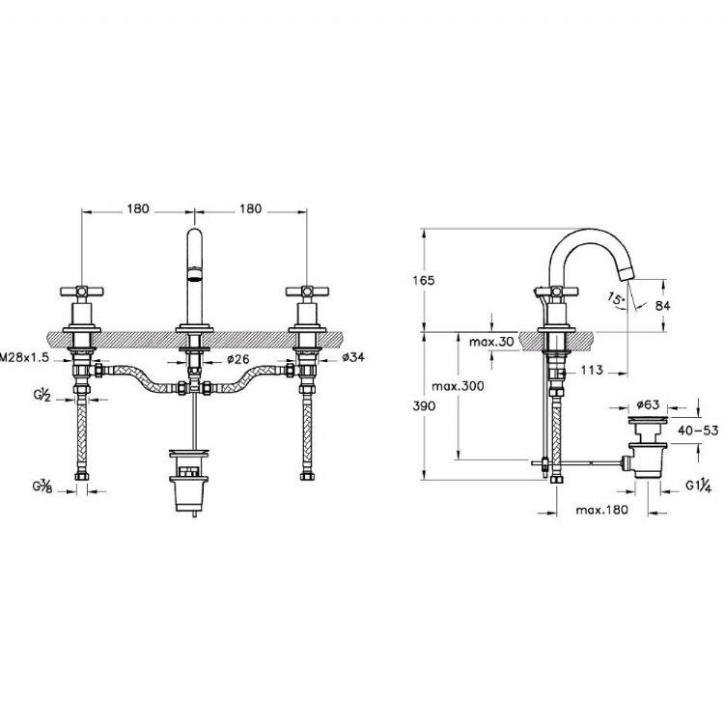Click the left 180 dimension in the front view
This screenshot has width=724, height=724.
click(138, 209)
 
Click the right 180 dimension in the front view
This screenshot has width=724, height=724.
click(250, 209)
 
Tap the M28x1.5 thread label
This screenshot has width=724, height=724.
click(24, 357)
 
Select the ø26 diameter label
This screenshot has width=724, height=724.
click(237, 359)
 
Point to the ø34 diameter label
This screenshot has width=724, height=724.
click(353, 357)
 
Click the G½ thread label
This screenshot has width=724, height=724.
click(42, 395)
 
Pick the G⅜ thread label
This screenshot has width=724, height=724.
click(42, 486)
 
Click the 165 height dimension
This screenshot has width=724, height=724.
click(424, 280)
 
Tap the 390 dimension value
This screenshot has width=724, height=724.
click(424, 405)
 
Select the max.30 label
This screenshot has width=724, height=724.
click(491, 342)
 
